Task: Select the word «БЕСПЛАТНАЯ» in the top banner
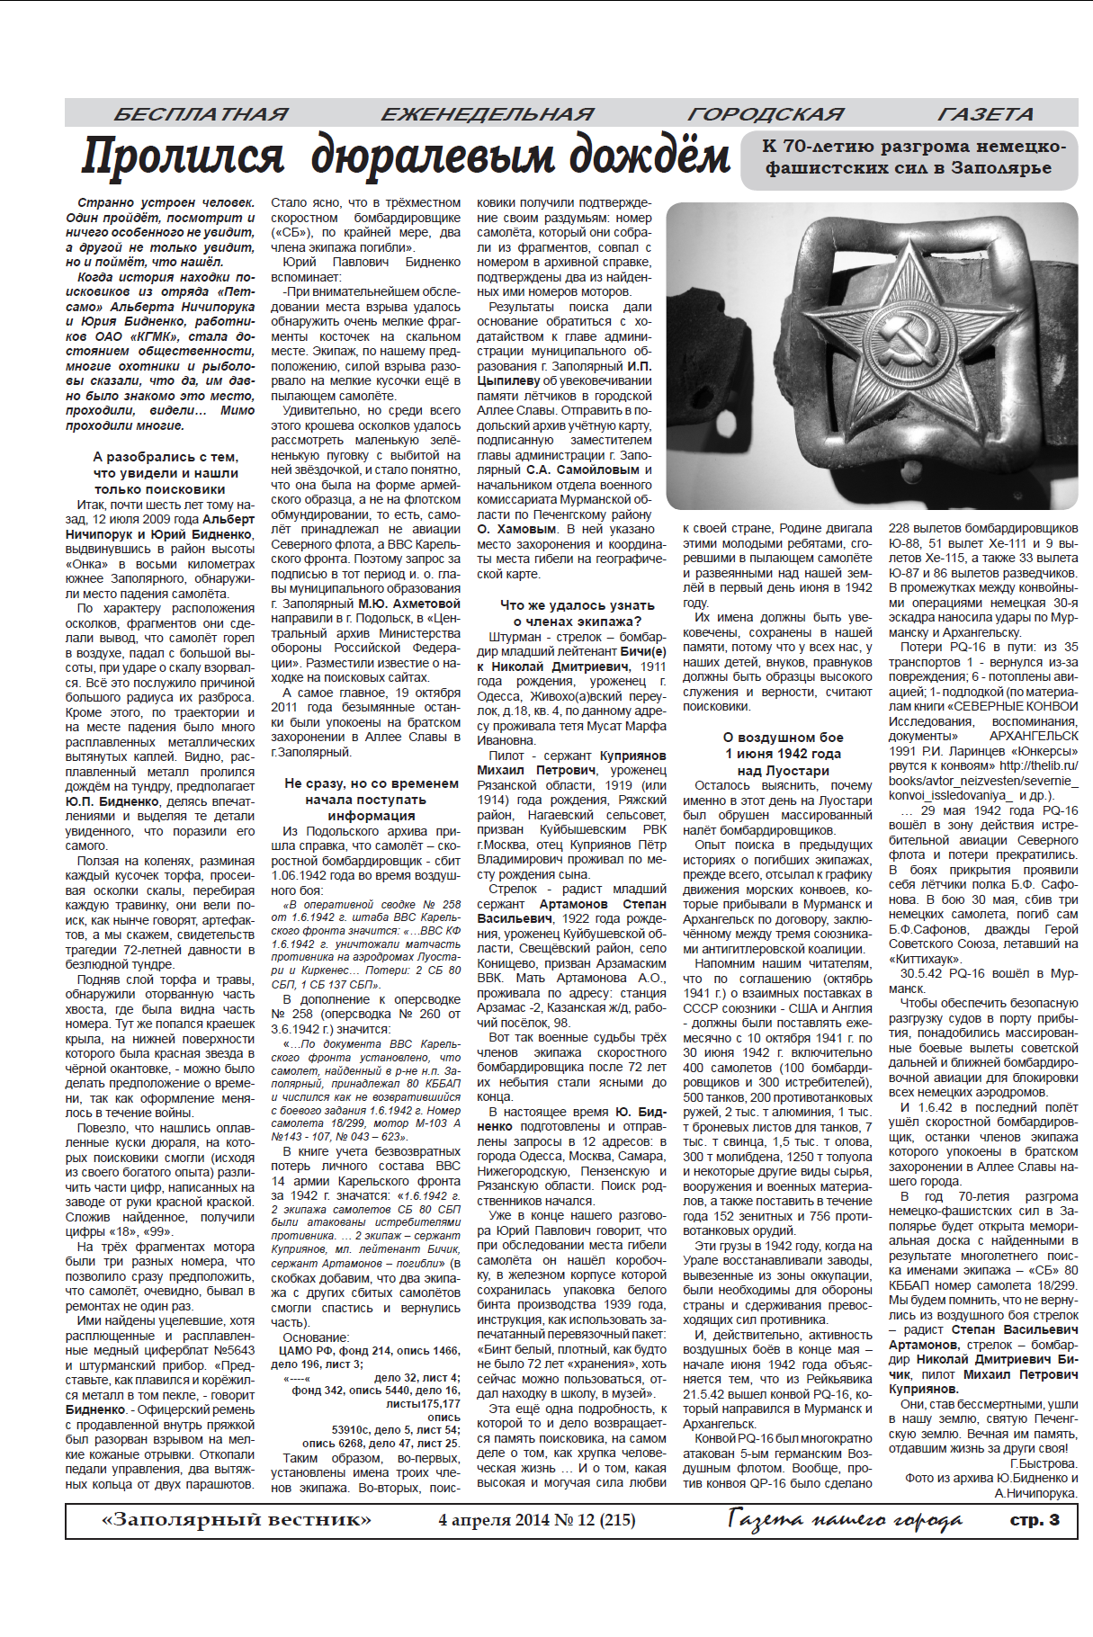pos(201,114)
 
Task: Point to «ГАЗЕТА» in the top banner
pos(985,114)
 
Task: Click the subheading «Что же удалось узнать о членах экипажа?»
pos(577,613)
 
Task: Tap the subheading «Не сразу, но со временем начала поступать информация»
pos(372,800)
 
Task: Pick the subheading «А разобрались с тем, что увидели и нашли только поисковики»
pos(166,473)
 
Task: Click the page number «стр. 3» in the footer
pos(1035,1519)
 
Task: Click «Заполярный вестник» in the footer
pos(237,1520)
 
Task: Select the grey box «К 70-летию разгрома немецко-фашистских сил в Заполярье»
pos(909,157)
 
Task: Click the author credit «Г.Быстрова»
pos(1043,1463)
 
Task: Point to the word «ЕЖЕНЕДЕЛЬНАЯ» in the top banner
pos(487,114)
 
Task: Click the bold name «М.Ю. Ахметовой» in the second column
pos(409,604)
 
